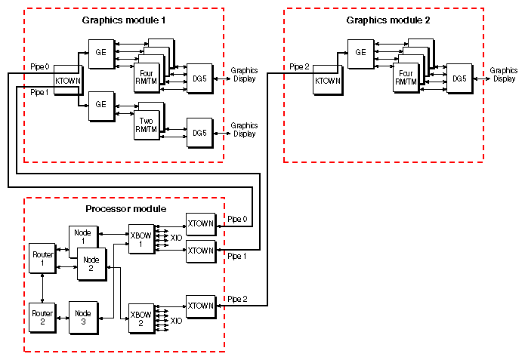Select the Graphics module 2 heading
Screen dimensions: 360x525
pos(388,19)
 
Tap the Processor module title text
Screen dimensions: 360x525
pos(125,208)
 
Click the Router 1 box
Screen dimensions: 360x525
pos(42,259)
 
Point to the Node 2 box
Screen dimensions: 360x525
pos(91,263)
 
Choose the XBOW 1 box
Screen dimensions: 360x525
pos(141,241)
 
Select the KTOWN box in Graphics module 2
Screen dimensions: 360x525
pos(326,81)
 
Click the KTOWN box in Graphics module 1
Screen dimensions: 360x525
pos(67,79)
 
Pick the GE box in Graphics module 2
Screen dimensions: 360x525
pos(360,53)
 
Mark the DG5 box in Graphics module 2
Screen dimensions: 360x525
pos(459,78)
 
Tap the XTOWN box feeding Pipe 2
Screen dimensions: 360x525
pos(200,306)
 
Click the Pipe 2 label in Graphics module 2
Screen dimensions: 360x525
pos(300,67)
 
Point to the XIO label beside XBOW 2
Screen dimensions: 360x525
pos(176,321)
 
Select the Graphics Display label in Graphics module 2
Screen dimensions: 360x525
pos(503,75)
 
